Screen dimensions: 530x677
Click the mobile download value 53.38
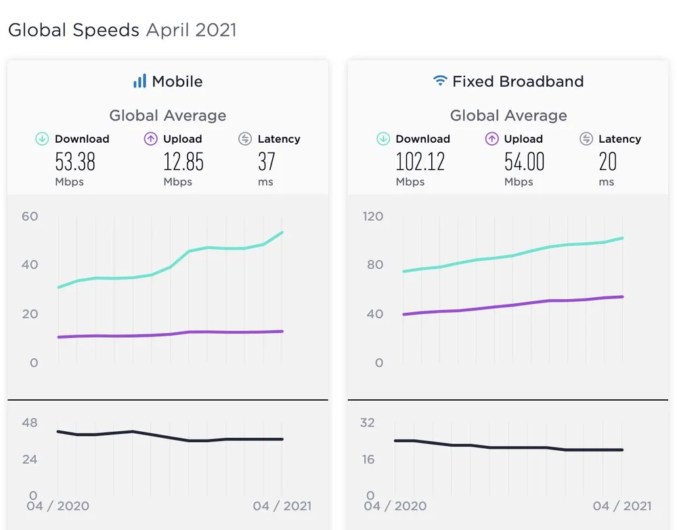pyautogui.click(x=75, y=162)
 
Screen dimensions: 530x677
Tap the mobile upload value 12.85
pyautogui.click(x=183, y=162)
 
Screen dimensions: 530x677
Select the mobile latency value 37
pyautogui.click(x=267, y=162)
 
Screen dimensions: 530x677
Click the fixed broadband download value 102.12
pyautogui.click(x=420, y=162)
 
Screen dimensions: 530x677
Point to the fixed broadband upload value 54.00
pyautogui.click(x=525, y=162)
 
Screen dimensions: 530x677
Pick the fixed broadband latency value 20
pyautogui.click(x=608, y=162)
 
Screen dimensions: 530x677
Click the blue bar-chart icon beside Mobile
pyautogui.click(x=139, y=81)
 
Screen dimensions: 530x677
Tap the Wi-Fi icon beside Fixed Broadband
pyautogui.click(x=440, y=81)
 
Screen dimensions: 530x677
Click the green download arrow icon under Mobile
pyautogui.click(x=42, y=139)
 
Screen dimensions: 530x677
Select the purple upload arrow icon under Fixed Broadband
pyautogui.click(x=492, y=139)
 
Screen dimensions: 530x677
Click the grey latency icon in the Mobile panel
pyautogui.click(x=245, y=139)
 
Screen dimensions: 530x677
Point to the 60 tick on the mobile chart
pyautogui.click(x=30, y=217)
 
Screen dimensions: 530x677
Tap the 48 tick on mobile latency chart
pyautogui.click(x=30, y=423)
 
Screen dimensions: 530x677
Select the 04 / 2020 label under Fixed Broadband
pyautogui.click(x=396, y=506)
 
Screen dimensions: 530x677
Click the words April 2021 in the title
pyautogui.click(x=192, y=30)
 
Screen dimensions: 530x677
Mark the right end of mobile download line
pyautogui.click(x=282, y=232)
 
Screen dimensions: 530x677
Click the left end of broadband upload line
pyautogui.click(x=403, y=314)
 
